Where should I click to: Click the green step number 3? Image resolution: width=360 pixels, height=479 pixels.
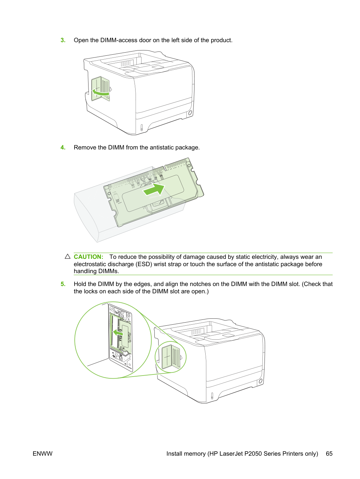(63, 40)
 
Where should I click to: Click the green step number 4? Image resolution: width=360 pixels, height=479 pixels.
(63, 147)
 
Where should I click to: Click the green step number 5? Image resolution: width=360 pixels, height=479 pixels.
(63, 284)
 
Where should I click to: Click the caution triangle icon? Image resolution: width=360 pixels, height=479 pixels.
(68, 256)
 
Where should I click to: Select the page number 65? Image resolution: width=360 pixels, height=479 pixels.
(329, 454)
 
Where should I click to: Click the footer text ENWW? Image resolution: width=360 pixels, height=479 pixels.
(43, 454)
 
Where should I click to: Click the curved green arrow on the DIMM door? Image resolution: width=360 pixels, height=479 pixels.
(100, 93)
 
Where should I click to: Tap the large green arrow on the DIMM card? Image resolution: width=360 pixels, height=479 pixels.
(154, 189)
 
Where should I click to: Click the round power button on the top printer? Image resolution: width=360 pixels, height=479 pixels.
(190, 113)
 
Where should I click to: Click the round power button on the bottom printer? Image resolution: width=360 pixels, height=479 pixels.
(260, 381)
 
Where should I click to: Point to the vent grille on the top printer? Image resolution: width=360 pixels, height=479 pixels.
(126, 63)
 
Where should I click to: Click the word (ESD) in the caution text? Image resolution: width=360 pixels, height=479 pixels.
(144, 264)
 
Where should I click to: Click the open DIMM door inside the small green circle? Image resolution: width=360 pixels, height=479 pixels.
(171, 357)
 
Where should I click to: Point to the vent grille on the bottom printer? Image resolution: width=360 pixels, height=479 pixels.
(196, 332)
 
